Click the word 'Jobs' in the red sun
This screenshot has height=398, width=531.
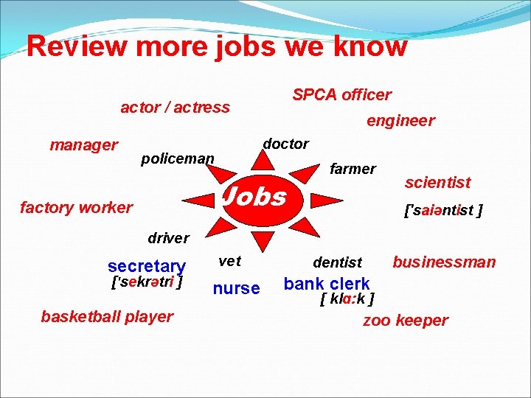(x=254, y=197)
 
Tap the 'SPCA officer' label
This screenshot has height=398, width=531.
(x=341, y=95)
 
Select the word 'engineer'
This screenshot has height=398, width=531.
(x=400, y=120)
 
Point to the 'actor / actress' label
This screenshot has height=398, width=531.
(x=175, y=108)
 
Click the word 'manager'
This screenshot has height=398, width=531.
(x=83, y=144)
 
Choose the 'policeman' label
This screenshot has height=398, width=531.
(x=177, y=158)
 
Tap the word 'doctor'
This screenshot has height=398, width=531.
(x=285, y=144)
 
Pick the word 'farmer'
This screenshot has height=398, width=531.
(x=353, y=169)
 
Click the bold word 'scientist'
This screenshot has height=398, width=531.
(x=437, y=182)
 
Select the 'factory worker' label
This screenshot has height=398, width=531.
(x=76, y=208)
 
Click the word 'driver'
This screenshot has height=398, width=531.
(x=168, y=238)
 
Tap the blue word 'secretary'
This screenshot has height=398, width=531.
(x=146, y=266)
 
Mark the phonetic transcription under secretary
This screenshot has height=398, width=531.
(x=146, y=282)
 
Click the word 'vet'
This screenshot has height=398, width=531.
(x=230, y=261)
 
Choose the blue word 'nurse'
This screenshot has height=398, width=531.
(x=236, y=288)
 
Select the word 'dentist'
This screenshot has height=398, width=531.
(x=337, y=262)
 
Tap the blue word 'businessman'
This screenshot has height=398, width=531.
(x=444, y=262)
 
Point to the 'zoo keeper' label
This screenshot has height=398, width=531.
(x=405, y=321)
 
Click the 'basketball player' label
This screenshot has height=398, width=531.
(x=107, y=317)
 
